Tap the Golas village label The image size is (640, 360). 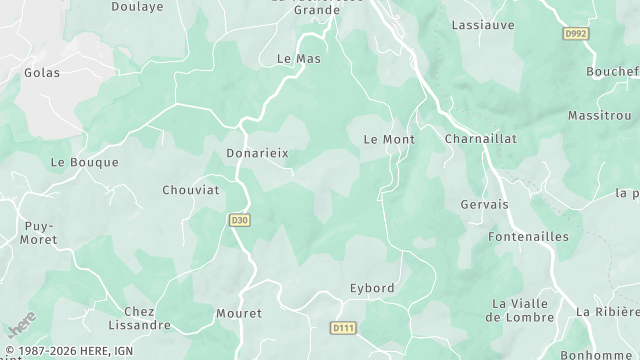pyautogui.click(x=42, y=72)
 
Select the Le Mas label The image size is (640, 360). pyautogui.click(x=298, y=59)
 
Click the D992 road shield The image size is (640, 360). pyautogui.click(x=576, y=33)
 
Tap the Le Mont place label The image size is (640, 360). pyautogui.click(x=388, y=139)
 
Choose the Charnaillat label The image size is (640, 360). pyautogui.click(x=480, y=139)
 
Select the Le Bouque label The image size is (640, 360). pyautogui.click(x=84, y=162)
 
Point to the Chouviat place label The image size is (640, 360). pyautogui.click(x=192, y=189)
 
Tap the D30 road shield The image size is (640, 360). pyautogui.click(x=239, y=220)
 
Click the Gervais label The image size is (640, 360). pyautogui.click(x=485, y=204)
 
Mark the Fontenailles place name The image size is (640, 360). pyautogui.click(x=528, y=237)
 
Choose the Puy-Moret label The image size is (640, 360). pyautogui.click(x=39, y=233)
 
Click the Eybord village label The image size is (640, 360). pyautogui.click(x=372, y=288)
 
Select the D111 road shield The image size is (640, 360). pyautogui.click(x=343, y=327)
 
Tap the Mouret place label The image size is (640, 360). pyautogui.click(x=239, y=313)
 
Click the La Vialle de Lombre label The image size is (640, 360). pyautogui.click(x=520, y=310)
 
